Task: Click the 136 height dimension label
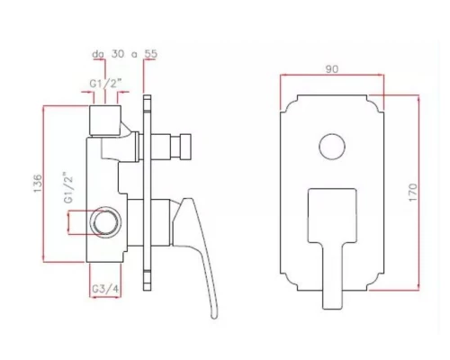click(38, 183)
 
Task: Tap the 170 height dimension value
click(413, 193)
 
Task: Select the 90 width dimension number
click(332, 69)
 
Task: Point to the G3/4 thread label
click(105, 289)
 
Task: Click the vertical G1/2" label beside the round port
click(68, 188)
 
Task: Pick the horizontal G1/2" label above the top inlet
click(105, 84)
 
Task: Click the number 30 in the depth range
click(118, 54)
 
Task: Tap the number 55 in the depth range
click(151, 54)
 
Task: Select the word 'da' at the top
click(98, 54)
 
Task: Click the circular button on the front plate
click(332, 147)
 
